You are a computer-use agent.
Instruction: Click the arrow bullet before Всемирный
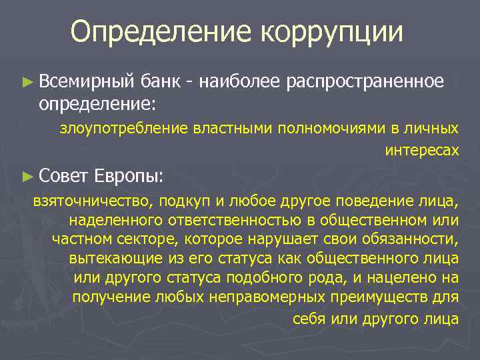pos(27,82)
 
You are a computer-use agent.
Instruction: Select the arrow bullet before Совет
pos(27,177)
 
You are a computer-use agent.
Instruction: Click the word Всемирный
pos(87,81)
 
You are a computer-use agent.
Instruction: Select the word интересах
pos(422,151)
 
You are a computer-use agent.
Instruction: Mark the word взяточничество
pos(86,201)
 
